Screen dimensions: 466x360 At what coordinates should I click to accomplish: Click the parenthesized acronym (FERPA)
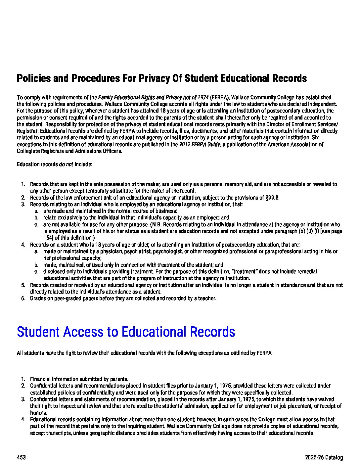point(220,97)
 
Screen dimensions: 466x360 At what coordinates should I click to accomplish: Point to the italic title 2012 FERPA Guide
point(200,144)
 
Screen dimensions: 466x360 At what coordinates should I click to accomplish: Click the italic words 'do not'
point(66,164)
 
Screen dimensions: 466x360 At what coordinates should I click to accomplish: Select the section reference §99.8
point(272,198)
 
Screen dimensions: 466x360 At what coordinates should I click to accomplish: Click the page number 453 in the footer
point(21,458)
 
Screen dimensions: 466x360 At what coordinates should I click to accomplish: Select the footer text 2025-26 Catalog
point(324,458)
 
